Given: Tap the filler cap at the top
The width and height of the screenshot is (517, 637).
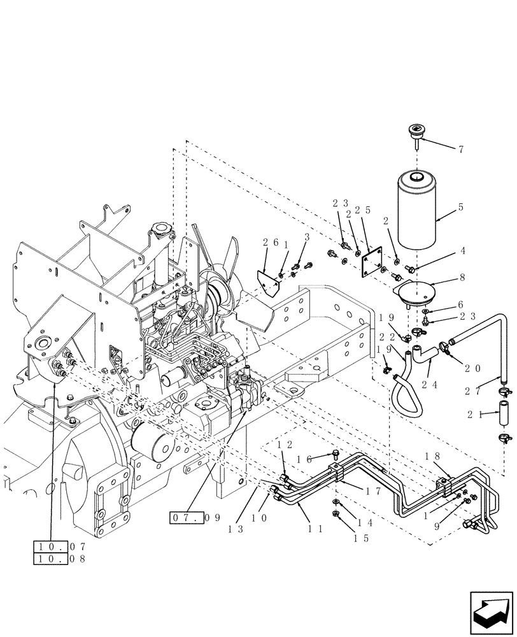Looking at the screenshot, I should coord(412,134).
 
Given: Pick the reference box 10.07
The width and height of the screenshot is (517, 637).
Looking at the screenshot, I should coord(59,546).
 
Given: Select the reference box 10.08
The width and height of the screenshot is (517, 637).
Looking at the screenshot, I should coord(59,559).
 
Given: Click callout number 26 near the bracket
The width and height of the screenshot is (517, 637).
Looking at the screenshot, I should coord(271,242).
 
